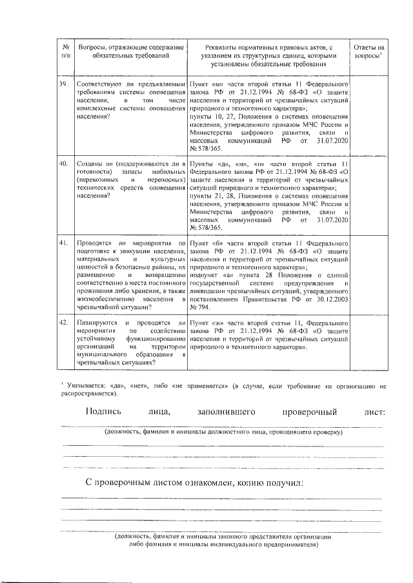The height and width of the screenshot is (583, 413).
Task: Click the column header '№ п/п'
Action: click(65, 52)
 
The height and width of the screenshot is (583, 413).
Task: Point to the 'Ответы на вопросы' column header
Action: click(369, 52)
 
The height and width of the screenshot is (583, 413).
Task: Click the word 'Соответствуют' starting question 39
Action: click(99, 85)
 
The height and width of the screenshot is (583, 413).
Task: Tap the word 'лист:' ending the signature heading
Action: click(374, 412)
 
